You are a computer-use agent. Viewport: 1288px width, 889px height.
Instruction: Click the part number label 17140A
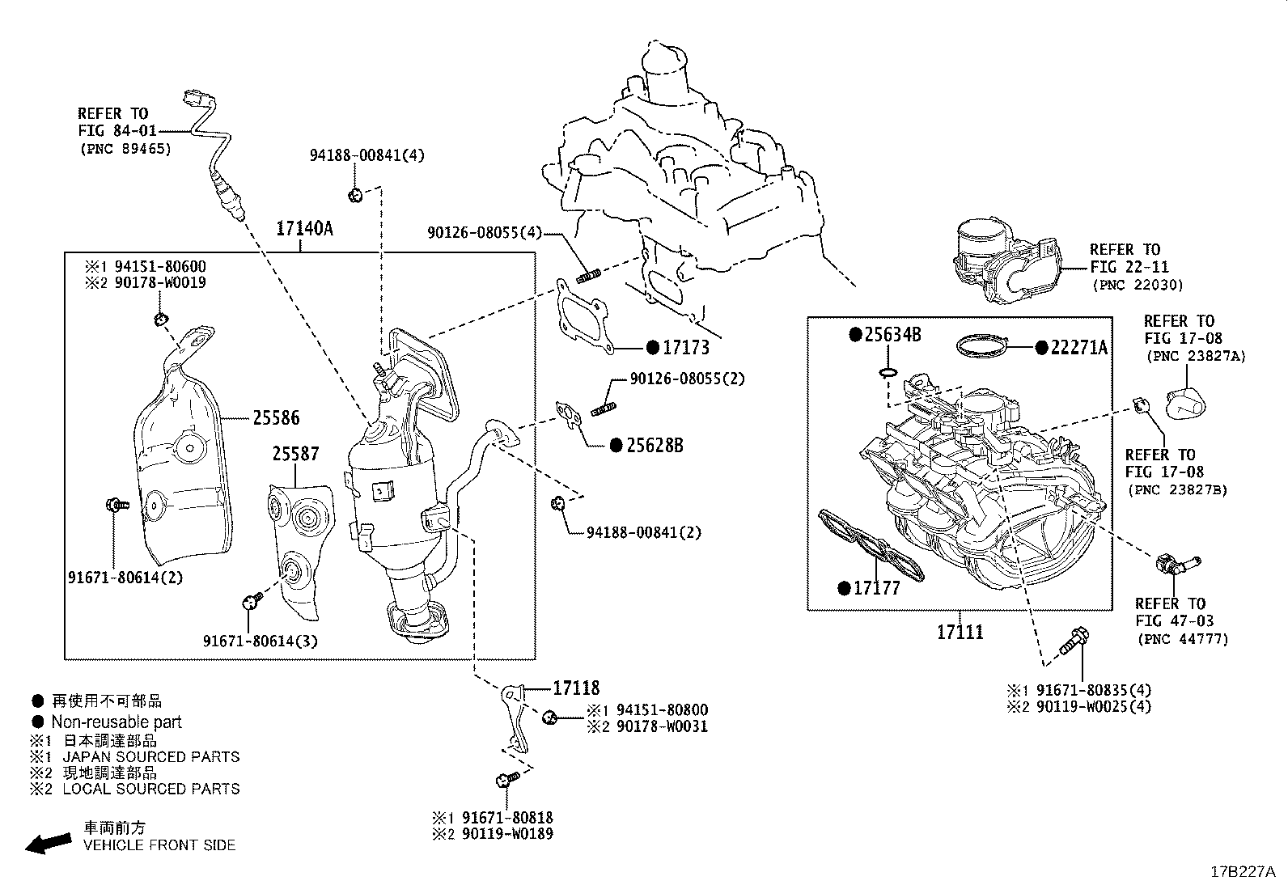click(x=303, y=229)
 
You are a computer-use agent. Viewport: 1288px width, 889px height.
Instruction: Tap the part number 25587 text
click(x=294, y=455)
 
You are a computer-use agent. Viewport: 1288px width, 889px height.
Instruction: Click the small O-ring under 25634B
click(x=888, y=372)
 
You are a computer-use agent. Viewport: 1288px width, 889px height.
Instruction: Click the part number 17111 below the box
click(x=960, y=633)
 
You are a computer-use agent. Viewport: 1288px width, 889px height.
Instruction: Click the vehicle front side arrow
click(x=47, y=844)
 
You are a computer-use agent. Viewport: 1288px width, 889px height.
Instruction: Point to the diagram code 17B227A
click(x=1242, y=872)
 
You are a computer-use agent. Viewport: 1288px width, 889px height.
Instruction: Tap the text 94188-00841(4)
click(x=366, y=155)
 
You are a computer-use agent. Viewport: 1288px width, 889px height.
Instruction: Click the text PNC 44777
click(x=1182, y=639)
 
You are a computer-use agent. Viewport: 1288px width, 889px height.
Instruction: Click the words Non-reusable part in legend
click(x=117, y=722)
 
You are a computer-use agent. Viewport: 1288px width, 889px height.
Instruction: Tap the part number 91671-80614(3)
click(x=260, y=641)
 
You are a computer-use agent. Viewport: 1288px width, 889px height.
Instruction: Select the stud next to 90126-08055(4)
click(x=587, y=277)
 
